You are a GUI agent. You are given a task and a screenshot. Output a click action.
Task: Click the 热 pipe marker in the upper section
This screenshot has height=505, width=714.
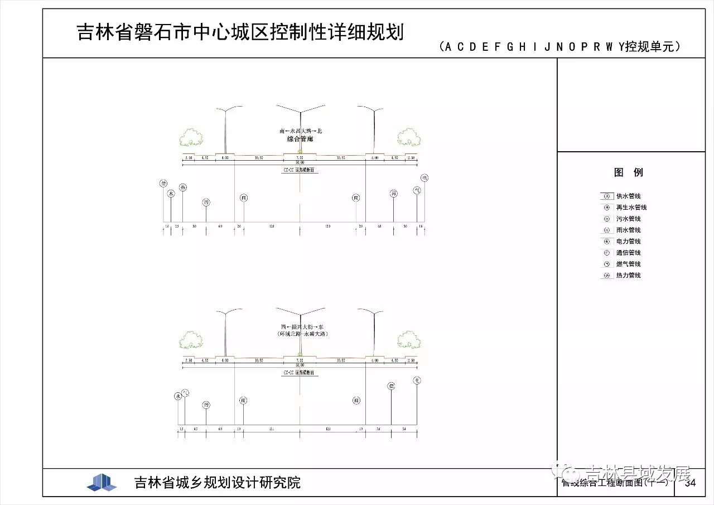183,187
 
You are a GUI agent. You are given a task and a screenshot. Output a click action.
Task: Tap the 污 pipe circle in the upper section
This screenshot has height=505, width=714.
206,202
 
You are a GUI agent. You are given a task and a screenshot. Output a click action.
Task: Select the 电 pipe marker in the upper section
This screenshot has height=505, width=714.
424,178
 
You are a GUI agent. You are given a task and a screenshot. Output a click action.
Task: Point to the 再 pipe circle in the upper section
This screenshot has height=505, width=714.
394,194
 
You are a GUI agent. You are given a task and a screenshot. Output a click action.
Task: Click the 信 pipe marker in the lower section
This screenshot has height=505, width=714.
392,386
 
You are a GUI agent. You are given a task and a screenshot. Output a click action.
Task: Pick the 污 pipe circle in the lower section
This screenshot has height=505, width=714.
206,405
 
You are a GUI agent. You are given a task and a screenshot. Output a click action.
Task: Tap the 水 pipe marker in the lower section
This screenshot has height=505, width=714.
178,396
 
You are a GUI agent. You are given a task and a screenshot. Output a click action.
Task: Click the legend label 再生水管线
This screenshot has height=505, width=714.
631,208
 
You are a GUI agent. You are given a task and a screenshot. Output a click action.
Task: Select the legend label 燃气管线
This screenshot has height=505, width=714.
628,264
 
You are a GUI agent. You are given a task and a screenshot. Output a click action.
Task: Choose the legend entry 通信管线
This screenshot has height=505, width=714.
628,253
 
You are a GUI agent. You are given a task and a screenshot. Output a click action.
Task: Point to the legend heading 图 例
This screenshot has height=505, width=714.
628,172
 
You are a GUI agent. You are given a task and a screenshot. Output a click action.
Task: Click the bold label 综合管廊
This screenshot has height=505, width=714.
300,139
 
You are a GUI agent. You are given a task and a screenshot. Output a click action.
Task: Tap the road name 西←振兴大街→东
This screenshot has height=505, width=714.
301,326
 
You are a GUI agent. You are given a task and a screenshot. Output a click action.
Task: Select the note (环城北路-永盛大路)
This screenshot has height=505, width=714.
301,334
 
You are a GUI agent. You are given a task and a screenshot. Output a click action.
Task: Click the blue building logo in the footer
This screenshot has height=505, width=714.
102,482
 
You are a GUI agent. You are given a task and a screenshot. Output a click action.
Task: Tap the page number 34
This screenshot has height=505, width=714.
690,483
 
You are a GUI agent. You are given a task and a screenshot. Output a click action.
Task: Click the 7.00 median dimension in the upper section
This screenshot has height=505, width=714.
300,158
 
